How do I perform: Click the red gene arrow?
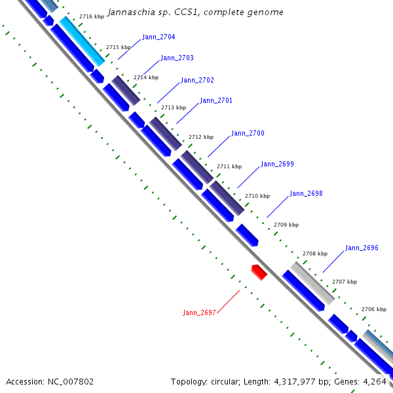(x=259, y=271)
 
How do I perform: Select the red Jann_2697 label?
(x=199, y=312)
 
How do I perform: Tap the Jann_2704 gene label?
(x=159, y=37)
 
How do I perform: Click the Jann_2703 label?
(x=177, y=58)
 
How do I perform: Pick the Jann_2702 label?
(x=197, y=80)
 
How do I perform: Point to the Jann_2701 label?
(x=216, y=101)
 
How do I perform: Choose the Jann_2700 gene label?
(x=248, y=134)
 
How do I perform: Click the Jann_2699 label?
(x=277, y=164)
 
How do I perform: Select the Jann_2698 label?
(x=306, y=194)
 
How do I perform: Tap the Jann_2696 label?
(x=362, y=248)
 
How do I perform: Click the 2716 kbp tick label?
(x=91, y=16)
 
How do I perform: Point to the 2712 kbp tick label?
(x=201, y=137)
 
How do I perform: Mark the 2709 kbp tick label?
(x=286, y=225)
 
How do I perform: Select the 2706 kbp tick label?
(x=373, y=309)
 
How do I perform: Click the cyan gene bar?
(x=82, y=41)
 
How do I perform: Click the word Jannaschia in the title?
(x=130, y=12)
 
